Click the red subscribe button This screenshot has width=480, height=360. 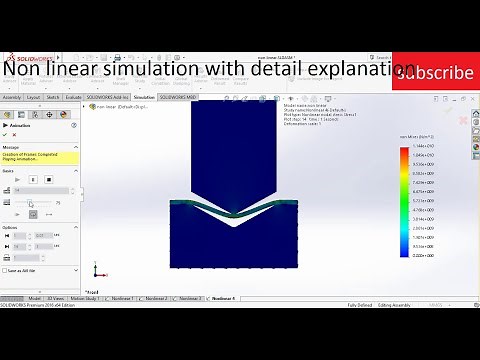(434, 73)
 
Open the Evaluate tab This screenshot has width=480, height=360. (74, 97)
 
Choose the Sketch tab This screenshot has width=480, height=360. (53, 97)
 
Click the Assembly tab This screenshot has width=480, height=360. (12, 97)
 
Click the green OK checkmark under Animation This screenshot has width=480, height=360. (5, 134)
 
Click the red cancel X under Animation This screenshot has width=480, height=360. (15, 134)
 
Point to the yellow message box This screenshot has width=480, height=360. (38, 157)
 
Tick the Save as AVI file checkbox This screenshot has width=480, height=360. (4, 270)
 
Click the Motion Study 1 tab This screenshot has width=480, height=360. (90, 298)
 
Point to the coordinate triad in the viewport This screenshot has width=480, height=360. (96, 271)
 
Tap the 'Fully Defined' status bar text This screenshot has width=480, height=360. (360, 305)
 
